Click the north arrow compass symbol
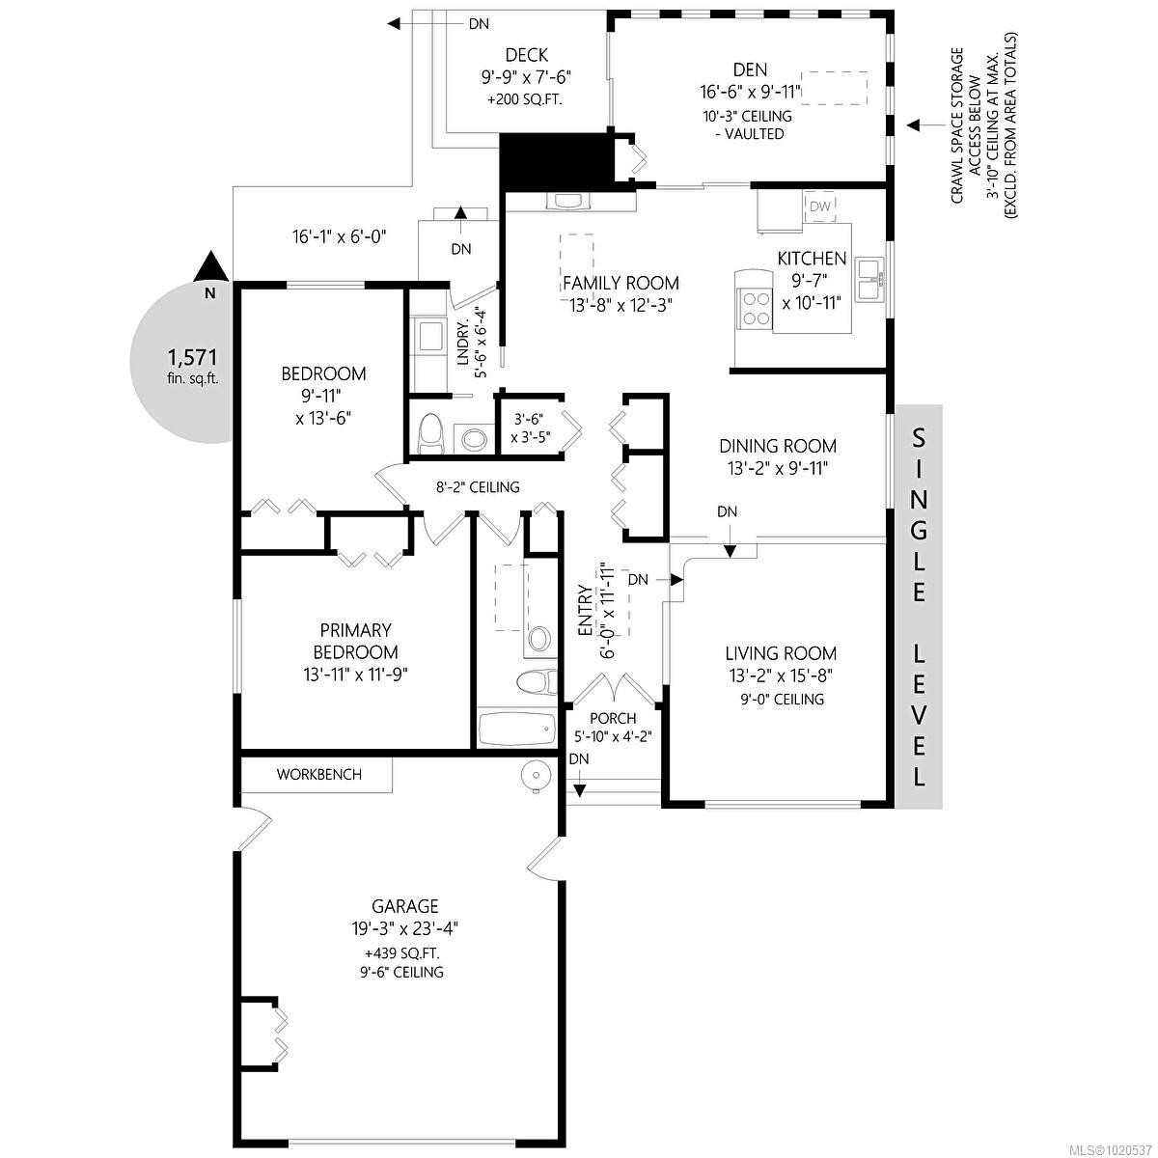(x=209, y=270)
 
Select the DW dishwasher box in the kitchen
(x=819, y=207)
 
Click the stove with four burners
(x=754, y=302)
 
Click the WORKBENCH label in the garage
(x=318, y=774)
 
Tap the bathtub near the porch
(x=516, y=730)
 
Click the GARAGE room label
(x=405, y=906)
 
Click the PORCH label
(x=613, y=718)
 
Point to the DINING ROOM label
(x=778, y=446)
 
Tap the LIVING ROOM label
(x=782, y=653)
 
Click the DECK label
(x=527, y=55)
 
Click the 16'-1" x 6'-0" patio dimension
(x=340, y=234)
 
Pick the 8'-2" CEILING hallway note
(x=478, y=487)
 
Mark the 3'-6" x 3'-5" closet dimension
(x=530, y=427)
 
